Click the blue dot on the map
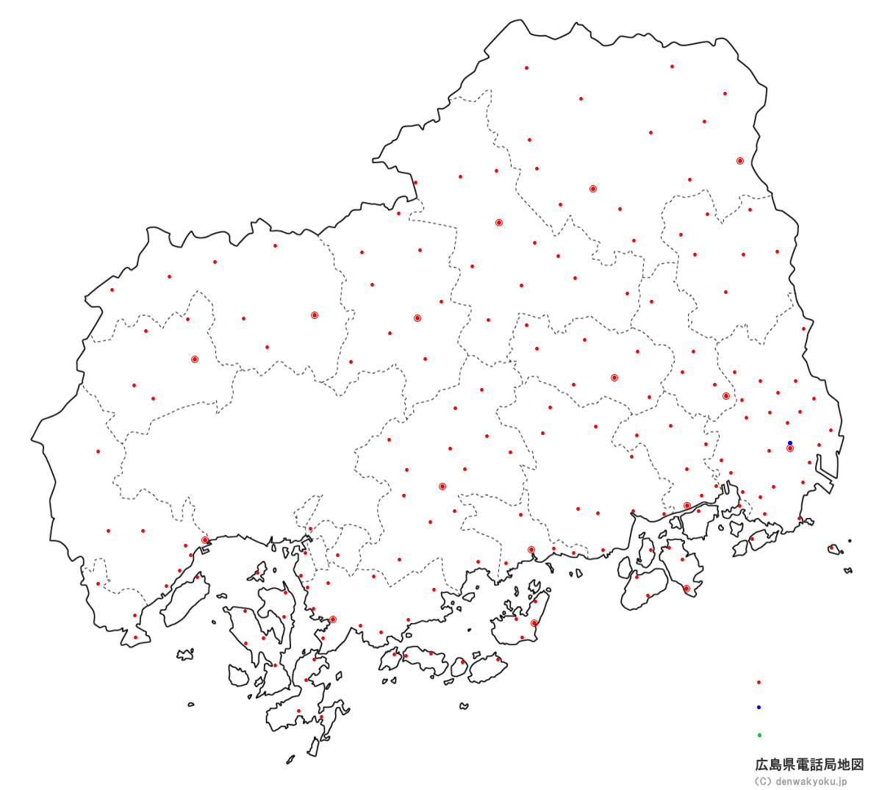790,443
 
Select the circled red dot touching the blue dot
790,448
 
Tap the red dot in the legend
759,682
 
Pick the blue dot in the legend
759,707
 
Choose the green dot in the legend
759,735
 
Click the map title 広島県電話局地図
809,765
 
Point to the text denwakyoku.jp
811,782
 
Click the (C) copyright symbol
763,782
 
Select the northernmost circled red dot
739,160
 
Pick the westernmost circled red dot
195,359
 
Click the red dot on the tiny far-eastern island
831,547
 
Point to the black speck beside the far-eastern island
850,541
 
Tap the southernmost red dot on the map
321,717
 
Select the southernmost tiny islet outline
291,759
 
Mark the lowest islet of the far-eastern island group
848,570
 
